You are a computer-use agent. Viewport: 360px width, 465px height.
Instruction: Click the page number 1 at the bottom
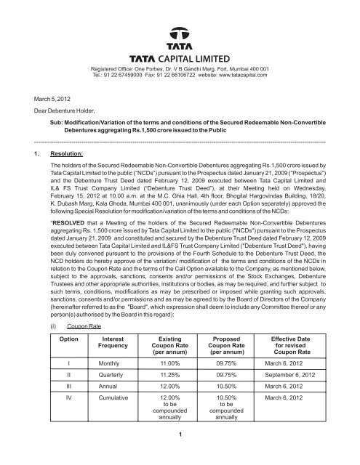pos(180,454)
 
